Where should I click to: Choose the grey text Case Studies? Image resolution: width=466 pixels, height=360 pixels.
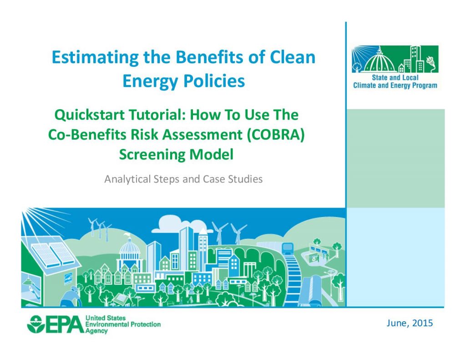point(233,179)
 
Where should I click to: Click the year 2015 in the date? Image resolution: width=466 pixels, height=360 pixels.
point(423,323)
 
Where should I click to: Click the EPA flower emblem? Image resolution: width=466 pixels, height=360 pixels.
point(35,325)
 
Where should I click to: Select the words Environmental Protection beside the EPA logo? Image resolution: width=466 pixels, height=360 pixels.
point(123,325)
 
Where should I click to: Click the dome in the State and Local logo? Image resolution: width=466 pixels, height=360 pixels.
point(378,61)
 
